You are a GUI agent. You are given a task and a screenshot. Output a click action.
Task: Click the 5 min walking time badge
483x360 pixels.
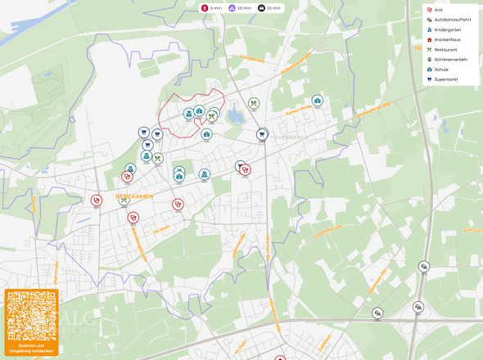(212, 7)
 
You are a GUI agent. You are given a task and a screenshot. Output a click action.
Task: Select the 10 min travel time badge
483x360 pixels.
(240, 7)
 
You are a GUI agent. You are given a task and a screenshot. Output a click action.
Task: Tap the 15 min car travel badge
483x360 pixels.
(268, 7)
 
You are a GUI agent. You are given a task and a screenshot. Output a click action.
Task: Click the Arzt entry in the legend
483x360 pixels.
(438, 10)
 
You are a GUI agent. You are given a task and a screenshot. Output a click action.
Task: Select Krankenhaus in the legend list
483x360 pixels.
(446, 39)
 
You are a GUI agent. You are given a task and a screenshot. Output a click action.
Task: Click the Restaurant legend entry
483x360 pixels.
(444, 49)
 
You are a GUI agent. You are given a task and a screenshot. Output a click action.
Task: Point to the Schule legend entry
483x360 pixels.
(440, 70)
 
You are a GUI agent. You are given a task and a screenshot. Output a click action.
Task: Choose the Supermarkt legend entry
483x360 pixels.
(445, 79)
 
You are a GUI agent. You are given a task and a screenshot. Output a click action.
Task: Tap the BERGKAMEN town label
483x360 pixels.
(135, 196)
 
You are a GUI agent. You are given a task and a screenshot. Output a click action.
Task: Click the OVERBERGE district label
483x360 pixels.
(291, 138)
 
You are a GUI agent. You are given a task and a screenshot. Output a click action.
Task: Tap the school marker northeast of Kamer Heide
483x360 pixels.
(318, 101)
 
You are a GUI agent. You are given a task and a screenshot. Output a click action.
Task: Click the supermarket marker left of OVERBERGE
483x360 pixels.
(263, 134)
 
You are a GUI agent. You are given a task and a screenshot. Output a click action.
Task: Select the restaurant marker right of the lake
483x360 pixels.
(254, 104)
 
